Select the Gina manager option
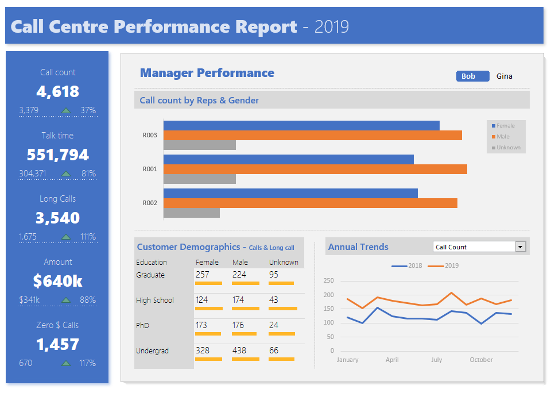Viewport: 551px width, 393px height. tap(505, 76)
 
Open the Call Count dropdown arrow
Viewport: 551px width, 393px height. tap(521, 247)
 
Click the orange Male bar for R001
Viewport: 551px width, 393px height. tap(315, 169)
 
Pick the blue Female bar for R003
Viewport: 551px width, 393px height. tap(301, 125)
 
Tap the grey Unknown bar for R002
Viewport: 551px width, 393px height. tap(192, 213)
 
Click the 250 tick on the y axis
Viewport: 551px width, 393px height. tap(328, 281)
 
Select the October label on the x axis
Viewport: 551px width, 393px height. tap(481, 360)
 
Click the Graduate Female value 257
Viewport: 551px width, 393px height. tap(203, 275)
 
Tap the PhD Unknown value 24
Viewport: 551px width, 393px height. tap(274, 325)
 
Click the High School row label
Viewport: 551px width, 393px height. tap(155, 300)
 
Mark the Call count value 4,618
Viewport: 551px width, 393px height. tap(58, 92)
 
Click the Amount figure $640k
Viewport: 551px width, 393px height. tap(58, 281)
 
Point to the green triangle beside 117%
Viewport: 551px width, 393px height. tap(66, 363)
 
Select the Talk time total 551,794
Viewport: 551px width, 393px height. tap(58, 155)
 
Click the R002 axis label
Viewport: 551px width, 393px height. tap(150, 203)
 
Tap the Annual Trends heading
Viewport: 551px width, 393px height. tap(358, 247)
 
